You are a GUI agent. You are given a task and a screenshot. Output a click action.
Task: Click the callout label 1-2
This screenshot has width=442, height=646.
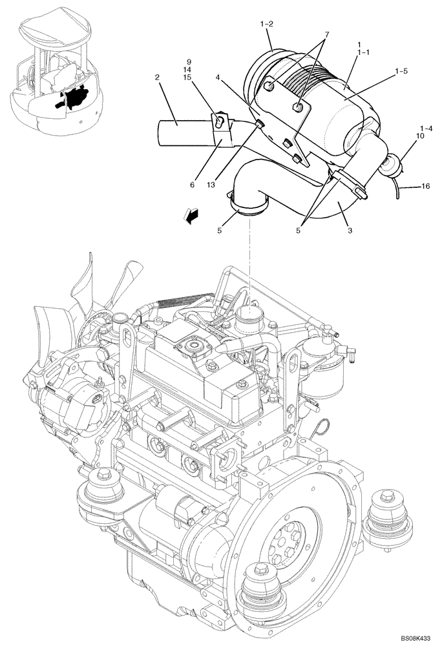click(267, 24)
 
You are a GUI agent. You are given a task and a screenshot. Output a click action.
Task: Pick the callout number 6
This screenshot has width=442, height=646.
click(192, 185)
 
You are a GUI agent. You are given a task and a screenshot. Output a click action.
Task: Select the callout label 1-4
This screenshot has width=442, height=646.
click(426, 129)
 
